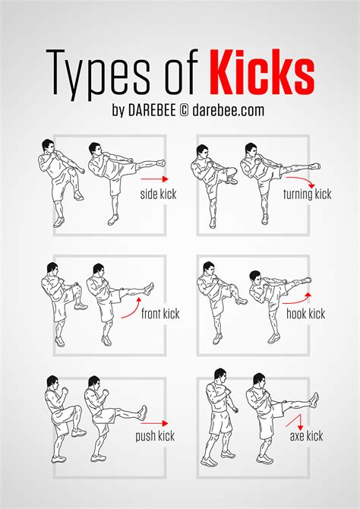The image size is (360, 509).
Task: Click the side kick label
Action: [x=158, y=194]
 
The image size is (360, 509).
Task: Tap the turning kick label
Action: [x=308, y=195]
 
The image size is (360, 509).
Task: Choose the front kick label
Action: [x=160, y=314]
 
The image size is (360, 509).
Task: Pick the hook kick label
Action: [x=305, y=313]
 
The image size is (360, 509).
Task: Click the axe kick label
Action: [x=306, y=436]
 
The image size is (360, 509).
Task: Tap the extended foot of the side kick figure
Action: [x=160, y=163]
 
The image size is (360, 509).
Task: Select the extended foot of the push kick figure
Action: [x=142, y=413]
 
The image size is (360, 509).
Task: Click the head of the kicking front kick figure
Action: [x=97, y=269]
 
